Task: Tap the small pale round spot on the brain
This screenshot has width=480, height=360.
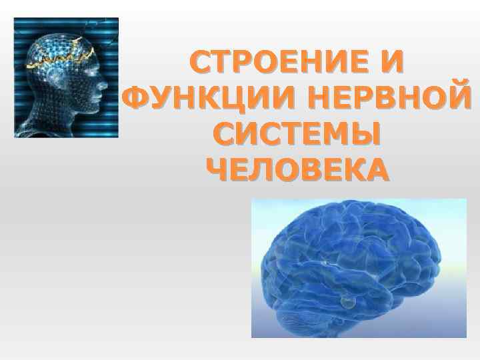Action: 346,303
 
